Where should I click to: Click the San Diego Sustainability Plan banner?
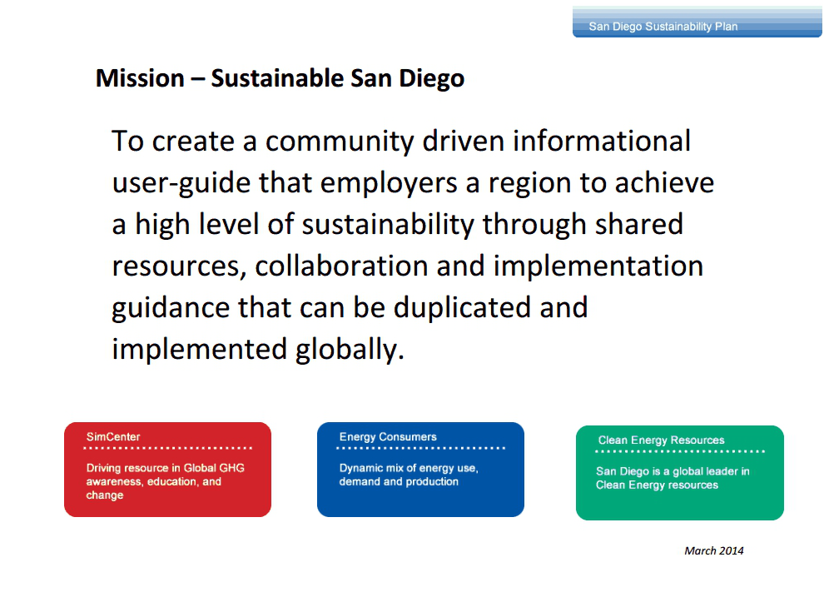(x=697, y=22)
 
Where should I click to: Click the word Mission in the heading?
(x=140, y=78)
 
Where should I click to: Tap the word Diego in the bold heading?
(x=431, y=79)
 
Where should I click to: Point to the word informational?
(x=602, y=141)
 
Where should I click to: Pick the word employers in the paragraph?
(x=389, y=184)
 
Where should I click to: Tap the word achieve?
(x=664, y=183)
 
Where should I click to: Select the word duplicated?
(x=463, y=307)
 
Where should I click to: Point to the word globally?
(x=350, y=350)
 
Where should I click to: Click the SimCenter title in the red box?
(x=113, y=436)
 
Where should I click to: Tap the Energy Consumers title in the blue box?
(x=388, y=436)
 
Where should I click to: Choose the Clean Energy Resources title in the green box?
(x=661, y=440)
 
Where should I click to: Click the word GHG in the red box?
(x=231, y=468)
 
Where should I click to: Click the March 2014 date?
(x=713, y=550)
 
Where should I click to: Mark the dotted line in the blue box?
(x=420, y=448)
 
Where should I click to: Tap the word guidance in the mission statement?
(x=171, y=308)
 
